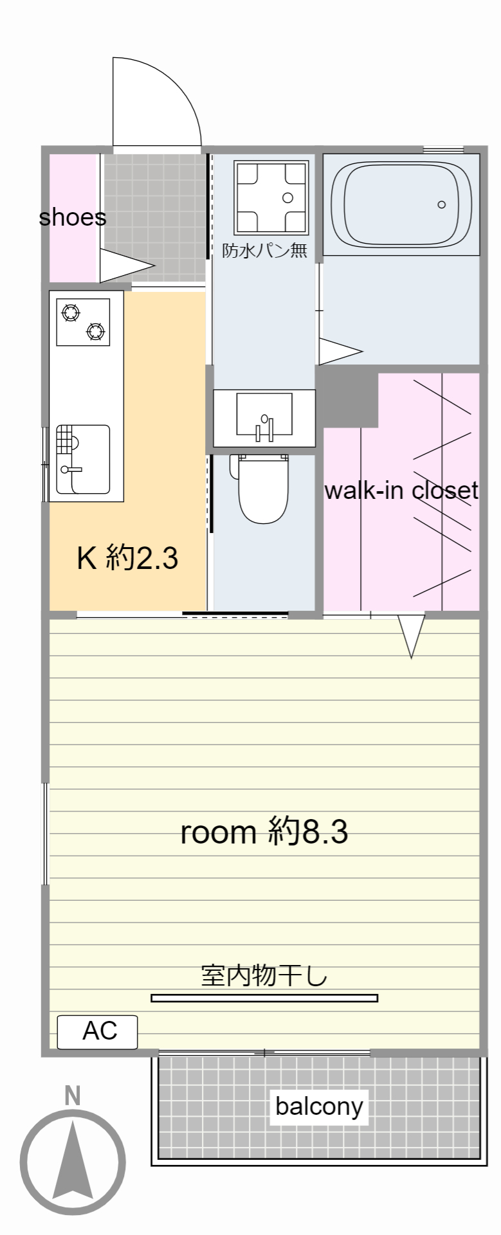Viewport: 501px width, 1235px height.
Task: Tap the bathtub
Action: coord(401,204)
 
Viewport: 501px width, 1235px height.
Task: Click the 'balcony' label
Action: coord(319,1106)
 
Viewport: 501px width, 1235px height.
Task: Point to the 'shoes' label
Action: coord(73,217)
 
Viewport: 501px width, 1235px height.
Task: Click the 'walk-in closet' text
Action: coord(401,491)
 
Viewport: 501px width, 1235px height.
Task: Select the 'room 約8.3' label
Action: coord(264,832)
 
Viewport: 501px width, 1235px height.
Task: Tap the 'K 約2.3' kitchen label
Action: coord(127,557)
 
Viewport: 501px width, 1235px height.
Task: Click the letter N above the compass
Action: coord(73,1095)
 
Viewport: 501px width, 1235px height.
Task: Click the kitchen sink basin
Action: coord(82,459)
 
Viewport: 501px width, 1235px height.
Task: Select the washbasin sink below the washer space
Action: coord(264,417)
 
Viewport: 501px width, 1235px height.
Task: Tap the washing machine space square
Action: coord(271,197)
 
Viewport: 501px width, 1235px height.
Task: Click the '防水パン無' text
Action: coord(265,250)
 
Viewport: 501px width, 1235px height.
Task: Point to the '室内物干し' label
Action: coord(264,975)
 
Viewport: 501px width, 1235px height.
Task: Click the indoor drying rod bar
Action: coord(264,998)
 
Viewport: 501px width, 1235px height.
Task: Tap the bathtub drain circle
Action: coord(441,204)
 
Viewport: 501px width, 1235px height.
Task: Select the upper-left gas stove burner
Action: coord(70,313)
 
